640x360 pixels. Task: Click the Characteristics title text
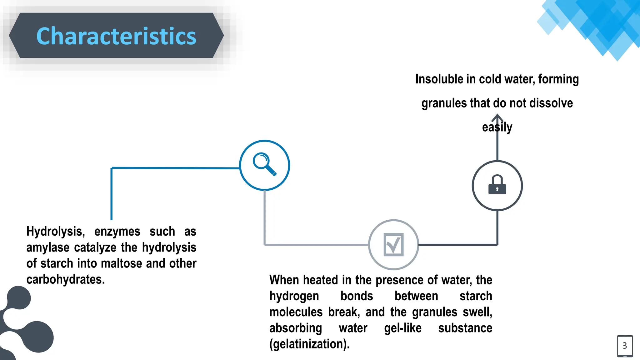pyautogui.click(x=116, y=36)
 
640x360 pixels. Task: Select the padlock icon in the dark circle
pyautogui.click(x=497, y=185)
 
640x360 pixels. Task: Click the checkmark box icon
pyautogui.click(x=393, y=244)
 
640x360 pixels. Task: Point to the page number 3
pyautogui.click(x=625, y=346)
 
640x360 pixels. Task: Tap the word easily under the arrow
pyautogui.click(x=497, y=127)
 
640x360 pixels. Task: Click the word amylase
pyautogui.click(x=48, y=247)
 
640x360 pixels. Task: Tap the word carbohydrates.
pyautogui.click(x=65, y=279)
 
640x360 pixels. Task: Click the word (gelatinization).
pyautogui.click(x=309, y=344)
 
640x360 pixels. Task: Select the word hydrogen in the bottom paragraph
pyautogui.click(x=294, y=296)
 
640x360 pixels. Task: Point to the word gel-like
pyautogui.click(x=402, y=328)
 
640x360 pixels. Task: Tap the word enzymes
pyautogui.click(x=117, y=232)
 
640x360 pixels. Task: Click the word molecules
pyautogui.click(x=296, y=312)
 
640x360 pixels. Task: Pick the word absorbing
pyautogui.click(x=296, y=328)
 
